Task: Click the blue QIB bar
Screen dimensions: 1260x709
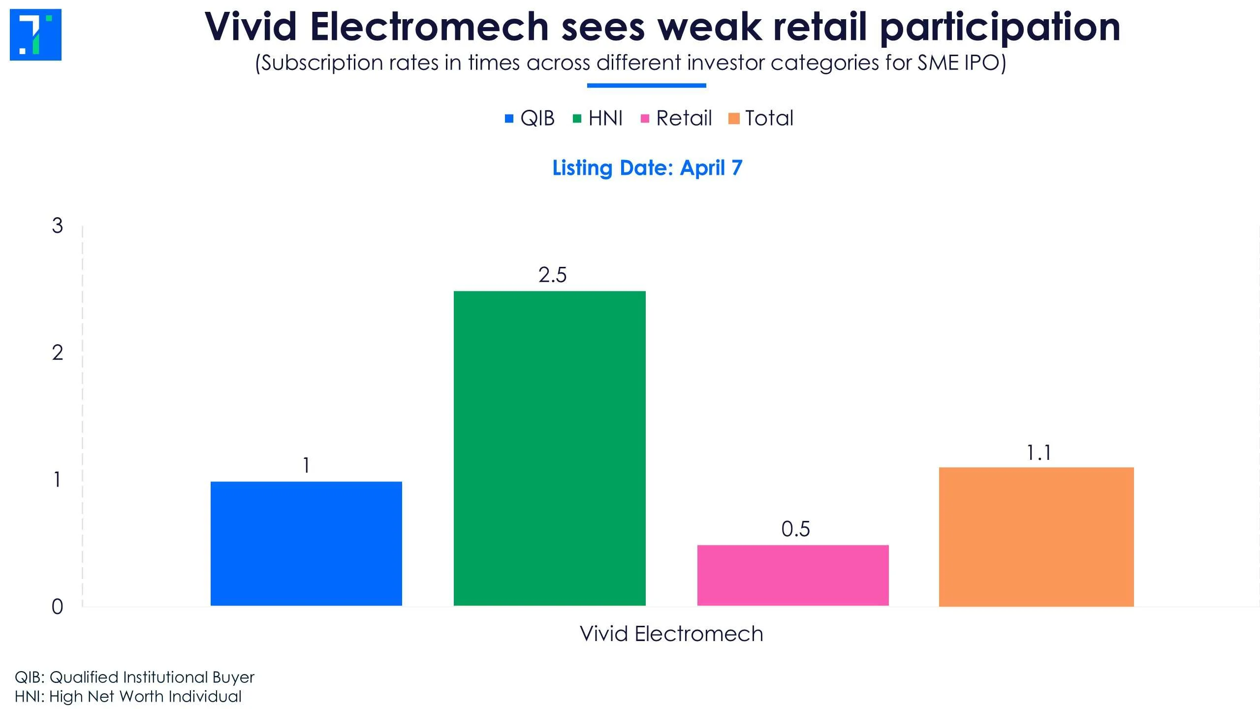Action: (x=306, y=544)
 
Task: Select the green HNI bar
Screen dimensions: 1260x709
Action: (x=549, y=449)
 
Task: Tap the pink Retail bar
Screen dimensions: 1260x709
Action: (x=793, y=576)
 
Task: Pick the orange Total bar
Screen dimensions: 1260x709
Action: (x=1037, y=537)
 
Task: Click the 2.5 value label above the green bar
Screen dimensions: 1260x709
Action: (x=552, y=275)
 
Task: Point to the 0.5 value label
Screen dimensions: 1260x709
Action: (x=795, y=529)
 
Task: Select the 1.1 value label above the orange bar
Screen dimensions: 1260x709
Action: (x=1039, y=453)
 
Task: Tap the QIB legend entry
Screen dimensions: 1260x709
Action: (x=530, y=118)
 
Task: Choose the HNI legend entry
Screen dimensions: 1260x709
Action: (x=598, y=118)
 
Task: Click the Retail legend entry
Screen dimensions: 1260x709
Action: (x=676, y=118)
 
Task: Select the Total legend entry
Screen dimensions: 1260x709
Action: (x=761, y=118)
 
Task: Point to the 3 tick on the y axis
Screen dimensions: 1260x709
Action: (x=58, y=226)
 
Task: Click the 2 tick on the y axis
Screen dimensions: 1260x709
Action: (x=58, y=353)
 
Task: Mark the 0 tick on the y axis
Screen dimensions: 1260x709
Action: (x=58, y=607)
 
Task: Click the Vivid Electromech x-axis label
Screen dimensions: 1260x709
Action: (x=671, y=634)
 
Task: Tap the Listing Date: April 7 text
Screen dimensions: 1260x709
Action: (x=647, y=168)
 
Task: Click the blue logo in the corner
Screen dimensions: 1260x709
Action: (x=35, y=34)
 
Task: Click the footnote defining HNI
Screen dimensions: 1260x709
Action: (x=128, y=697)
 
